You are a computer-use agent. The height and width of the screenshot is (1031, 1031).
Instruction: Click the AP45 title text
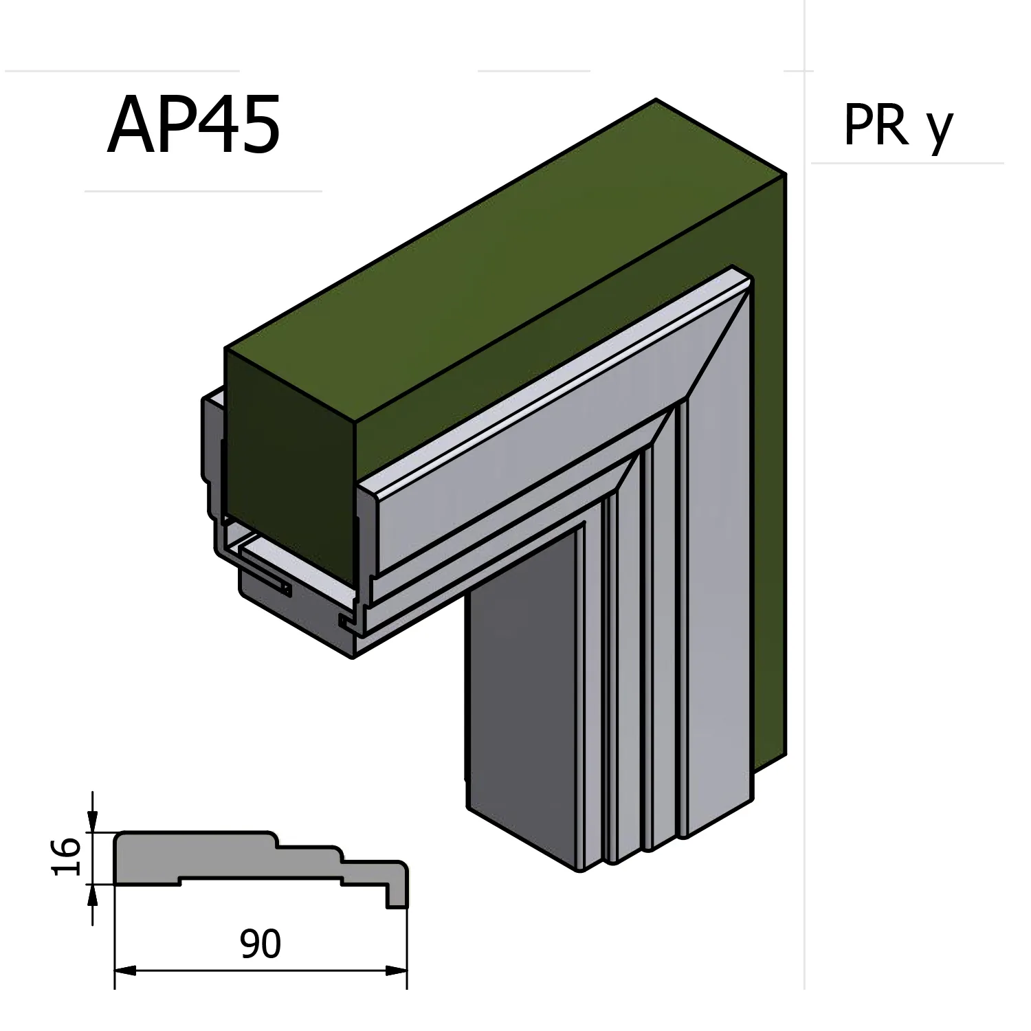(194, 126)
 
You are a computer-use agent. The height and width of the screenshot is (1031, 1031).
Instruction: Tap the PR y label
(898, 126)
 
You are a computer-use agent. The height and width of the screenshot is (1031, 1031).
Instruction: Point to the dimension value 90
(260, 944)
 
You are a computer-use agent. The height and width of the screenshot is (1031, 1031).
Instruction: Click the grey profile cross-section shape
(227, 859)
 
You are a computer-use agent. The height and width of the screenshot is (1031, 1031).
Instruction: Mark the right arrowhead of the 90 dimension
(397, 971)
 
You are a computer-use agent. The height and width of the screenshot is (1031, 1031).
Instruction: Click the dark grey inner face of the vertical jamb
(522, 687)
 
